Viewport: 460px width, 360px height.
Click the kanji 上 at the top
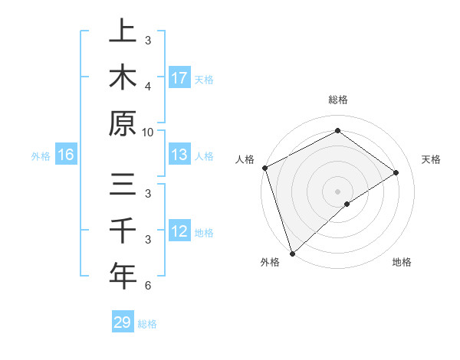click(123, 31)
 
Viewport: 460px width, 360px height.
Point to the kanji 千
click(123, 231)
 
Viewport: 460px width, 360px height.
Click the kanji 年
click(123, 277)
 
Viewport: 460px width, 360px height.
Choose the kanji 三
click(123, 185)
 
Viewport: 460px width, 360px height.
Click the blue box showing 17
click(179, 77)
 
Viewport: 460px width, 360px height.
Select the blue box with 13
click(179, 155)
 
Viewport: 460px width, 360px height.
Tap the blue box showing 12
click(179, 231)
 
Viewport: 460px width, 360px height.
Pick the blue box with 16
click(66, 155)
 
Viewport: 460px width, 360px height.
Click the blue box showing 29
click(123, 322)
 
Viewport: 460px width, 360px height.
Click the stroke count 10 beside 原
click(148, 132)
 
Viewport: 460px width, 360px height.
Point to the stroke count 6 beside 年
click(148, 286)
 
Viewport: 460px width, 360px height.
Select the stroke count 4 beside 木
click(148, 86)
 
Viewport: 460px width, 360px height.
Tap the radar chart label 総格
click(337, 100)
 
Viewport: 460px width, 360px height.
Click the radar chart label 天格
click(431, 159)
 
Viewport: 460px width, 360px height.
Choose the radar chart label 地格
click(402, 263)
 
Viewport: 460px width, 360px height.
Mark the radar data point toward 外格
click(292, 253)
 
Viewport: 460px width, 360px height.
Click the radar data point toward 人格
click(264, 168)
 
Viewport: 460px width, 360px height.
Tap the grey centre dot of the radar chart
click(337, 191)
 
